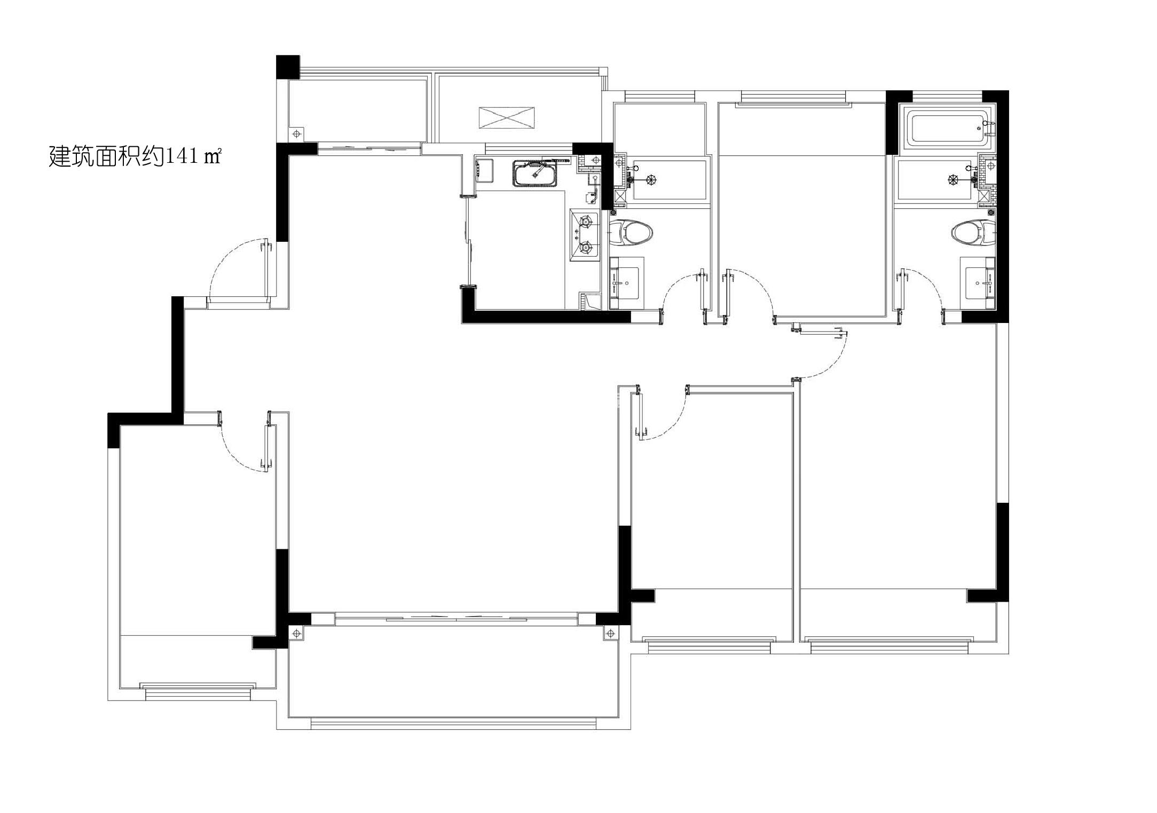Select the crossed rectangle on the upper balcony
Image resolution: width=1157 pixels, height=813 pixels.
507,118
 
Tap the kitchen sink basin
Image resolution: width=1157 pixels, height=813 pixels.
535,173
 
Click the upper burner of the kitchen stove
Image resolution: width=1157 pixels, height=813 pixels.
587,220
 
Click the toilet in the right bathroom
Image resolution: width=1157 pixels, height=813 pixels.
973,233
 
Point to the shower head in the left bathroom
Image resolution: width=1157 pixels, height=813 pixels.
650,180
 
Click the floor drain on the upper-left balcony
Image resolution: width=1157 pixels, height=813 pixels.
297,133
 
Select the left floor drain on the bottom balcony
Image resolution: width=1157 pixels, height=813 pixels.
297,633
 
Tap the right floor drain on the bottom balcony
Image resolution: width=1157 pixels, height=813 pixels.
610,633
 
